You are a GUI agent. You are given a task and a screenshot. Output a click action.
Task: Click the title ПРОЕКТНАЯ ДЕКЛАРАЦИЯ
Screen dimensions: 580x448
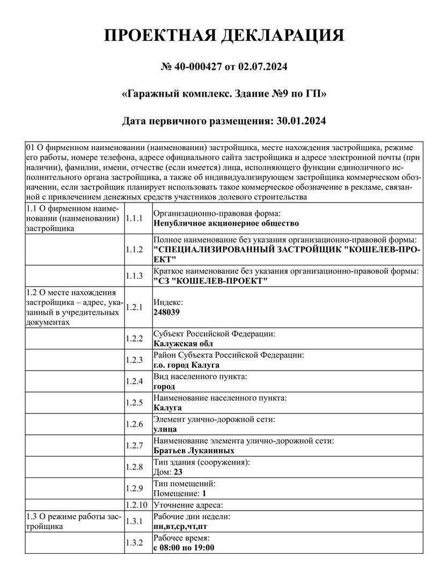224,36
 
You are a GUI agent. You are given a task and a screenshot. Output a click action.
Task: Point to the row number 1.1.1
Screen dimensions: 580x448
134,218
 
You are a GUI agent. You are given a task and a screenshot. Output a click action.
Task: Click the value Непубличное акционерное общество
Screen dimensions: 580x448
226,223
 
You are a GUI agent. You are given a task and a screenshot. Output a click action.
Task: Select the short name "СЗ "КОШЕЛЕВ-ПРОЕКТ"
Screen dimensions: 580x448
210,281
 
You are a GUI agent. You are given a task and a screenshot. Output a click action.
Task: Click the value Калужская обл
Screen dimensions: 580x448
183,343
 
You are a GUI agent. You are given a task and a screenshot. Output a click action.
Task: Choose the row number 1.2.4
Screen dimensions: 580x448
134,381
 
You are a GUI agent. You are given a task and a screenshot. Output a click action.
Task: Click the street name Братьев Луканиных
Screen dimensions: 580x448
194,451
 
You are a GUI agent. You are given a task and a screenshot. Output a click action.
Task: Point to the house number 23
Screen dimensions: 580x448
178,472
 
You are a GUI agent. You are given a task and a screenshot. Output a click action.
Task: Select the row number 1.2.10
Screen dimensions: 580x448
136,505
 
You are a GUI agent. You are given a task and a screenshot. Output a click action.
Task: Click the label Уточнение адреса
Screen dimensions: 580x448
188,505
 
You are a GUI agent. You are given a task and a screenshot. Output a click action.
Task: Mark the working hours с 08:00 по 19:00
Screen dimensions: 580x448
183,547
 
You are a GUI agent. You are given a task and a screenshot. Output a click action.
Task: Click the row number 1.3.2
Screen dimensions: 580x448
134,542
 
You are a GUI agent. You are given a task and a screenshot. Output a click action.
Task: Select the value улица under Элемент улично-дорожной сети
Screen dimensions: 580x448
165,429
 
